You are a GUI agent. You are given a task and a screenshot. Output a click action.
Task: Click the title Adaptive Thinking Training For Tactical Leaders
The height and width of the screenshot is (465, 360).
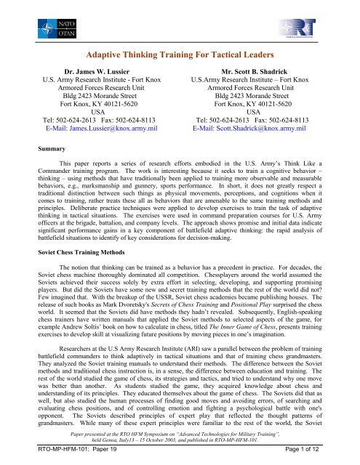[x=180, y=54]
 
